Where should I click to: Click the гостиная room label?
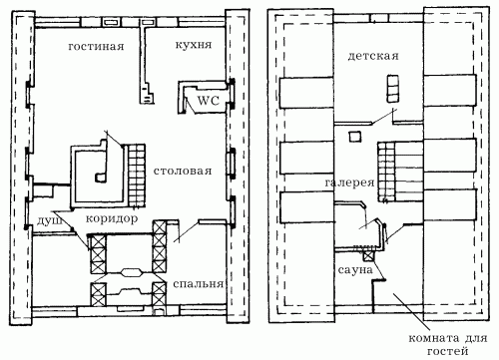tap(96, 46)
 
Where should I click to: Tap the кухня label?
tap(194, 45)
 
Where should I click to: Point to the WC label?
tap(209, 101)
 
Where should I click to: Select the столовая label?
tap(183, 171)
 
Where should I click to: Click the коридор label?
tap(112, 219)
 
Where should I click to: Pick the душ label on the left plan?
tap(50, 220)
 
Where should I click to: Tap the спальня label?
tap(198, 284)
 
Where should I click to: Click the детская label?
tap(373, 56)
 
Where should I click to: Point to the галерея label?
tap(349, 182)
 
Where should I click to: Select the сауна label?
tap(355, 270)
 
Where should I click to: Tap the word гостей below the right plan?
tap(448, 351)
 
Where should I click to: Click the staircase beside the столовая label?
tap(137, 176)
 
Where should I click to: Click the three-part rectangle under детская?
tap(392, 89)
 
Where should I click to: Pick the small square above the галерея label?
tap(354, 137)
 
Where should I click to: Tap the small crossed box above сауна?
tap(367, 256)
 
